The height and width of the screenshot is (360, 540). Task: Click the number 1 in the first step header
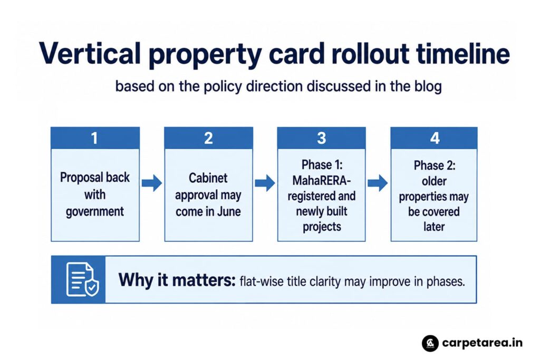pyautogui.click(x=94, y=138)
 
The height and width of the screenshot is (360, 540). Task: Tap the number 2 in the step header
pyautogui.click(x=208, y=138)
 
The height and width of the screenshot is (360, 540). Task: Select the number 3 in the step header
pyautogui.click(x=321, y=138)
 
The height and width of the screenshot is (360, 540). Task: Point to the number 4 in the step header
pyautogui.click(x=435, y=138)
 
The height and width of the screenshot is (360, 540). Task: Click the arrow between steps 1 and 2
pyautogui.click(x=152, y=183)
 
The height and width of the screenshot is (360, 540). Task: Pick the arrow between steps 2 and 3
pyautogui.click(x=265, y=183)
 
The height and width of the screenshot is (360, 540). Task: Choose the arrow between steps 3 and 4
pyautogui.click(x=378, y=183)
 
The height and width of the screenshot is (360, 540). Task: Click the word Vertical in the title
pyautogui.click(x=90, y=54)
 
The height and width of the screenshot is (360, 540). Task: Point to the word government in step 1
pyautogui.click(x=95, y=212)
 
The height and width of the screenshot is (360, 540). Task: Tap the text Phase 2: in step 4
pyautogui.click(x=435, y=166)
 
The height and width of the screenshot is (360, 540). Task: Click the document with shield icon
pyautogui.click(x=82, y=279)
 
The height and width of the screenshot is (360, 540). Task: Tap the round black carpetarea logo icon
pyautogui.click(x=430, y=343)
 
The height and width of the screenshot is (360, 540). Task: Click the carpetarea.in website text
pyautogui.click(x=482, y=343)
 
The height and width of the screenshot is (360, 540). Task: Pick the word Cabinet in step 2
pyautogui.click(x=208, y=178)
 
